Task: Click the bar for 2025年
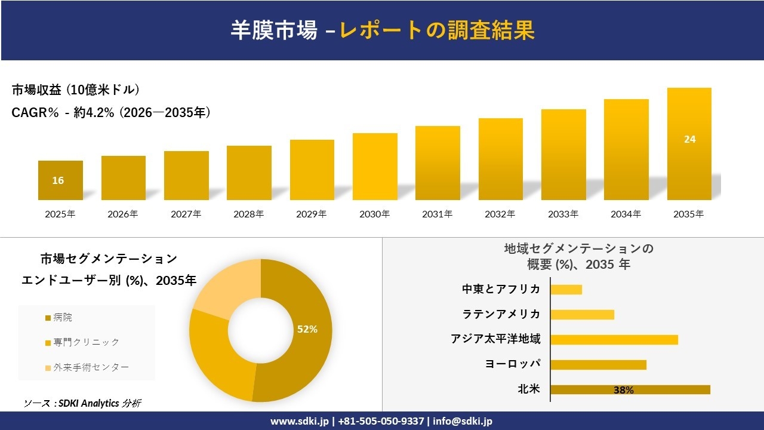coord(60,180)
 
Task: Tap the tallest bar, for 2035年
coord(689,143)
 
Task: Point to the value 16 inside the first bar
coord(58,180)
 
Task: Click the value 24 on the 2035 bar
coord(689,139)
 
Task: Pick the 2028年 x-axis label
coord(249,214)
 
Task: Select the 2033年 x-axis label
coord(563,214)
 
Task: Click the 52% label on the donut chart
coord(307,329)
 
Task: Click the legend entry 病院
coord(63,318)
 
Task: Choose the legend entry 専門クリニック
coord(86,342)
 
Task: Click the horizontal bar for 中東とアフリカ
coord(566,290)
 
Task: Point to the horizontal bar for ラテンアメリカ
coord(582,315)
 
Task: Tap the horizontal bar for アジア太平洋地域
coord(614,340)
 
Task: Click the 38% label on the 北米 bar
coord(623,390)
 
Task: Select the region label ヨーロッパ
coord(513,364)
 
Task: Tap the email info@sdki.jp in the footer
coord(463,421)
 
